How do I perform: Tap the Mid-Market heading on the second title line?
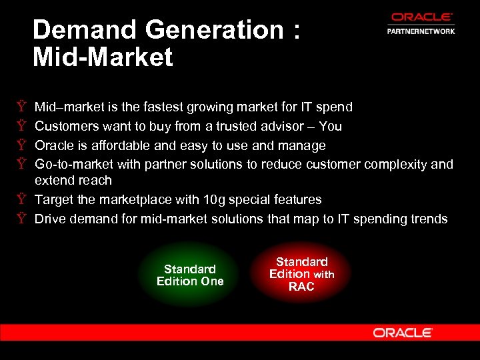click(x=103, y=57)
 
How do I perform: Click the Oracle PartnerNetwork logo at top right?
click(x=421, y=24)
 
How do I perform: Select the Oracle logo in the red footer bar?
click(x=403, y=333)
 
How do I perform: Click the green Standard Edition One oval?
click(x=190, y=275)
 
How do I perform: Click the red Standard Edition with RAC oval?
click(x=301, y=274)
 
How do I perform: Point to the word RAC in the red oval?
click(x=301, y=287)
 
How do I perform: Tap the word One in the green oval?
click(x=209, y=281)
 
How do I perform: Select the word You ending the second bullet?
click(x=331, y=126)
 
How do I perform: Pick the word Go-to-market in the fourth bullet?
click(x=74, y=164)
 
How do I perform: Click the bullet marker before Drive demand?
click(x=22, y=219)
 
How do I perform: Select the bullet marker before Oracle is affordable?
click(x=22, y=145)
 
